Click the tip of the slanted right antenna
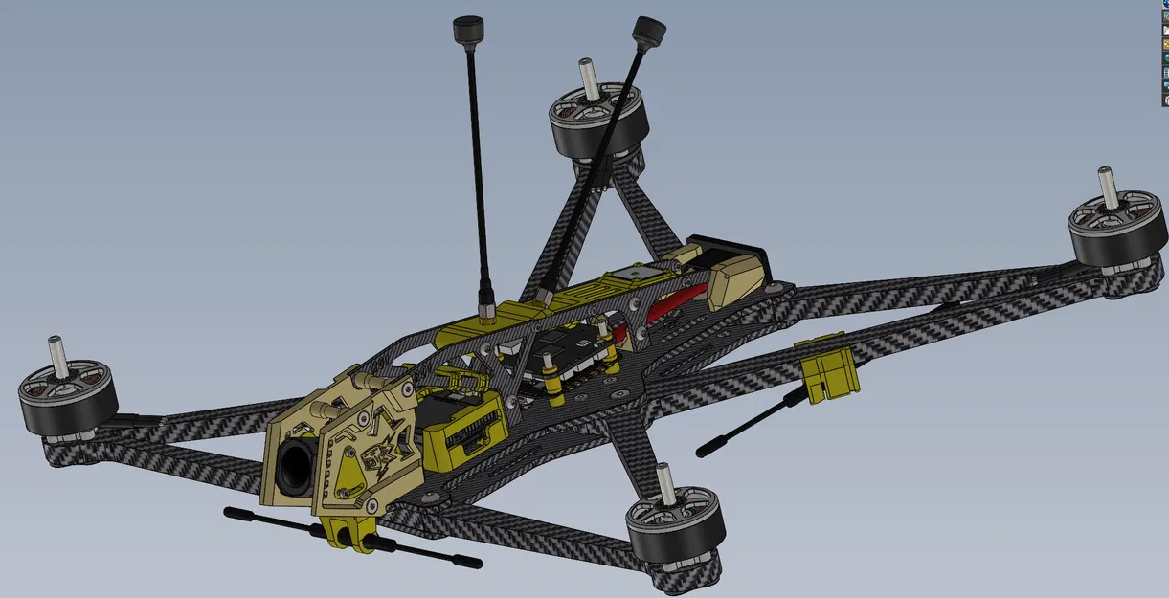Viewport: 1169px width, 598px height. tap(650, 28)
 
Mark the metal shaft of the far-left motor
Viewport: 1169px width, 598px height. tap(56, 355)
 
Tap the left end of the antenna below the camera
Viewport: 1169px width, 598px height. tap(231, 513)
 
